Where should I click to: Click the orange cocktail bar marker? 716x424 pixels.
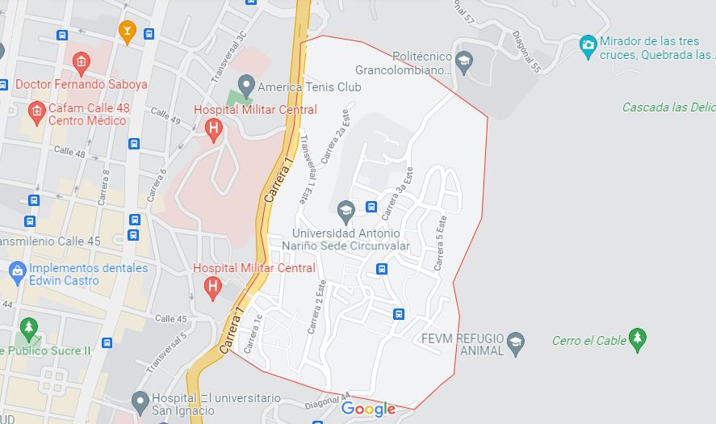(127, 31)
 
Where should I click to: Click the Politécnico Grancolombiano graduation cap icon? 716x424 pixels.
(463, 61)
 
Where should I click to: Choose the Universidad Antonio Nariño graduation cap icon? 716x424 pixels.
(345, 212)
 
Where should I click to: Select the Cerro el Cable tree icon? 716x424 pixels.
(638, 339)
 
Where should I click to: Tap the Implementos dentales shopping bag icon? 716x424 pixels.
(16, 270)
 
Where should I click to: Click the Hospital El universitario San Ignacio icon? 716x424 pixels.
(140, 399)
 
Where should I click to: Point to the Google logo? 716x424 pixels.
(368, 409)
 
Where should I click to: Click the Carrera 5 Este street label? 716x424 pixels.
(440, 243)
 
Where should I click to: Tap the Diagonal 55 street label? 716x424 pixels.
(525, 52)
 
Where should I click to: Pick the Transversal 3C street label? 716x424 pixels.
(228, 57)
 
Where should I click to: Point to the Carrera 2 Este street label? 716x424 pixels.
(316, 307)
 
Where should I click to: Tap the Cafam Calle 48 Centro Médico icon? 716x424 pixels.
(36, 109)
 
